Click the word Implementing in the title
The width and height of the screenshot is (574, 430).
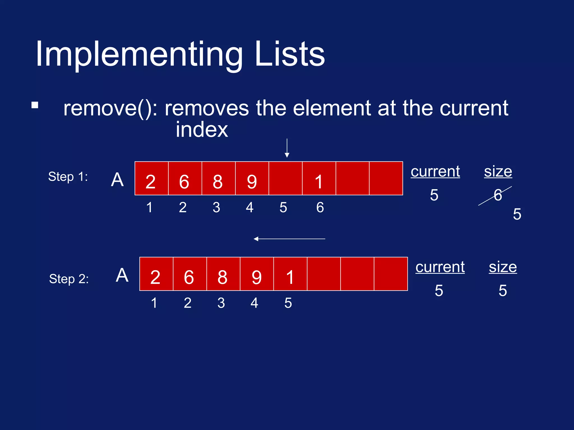click(139, 55)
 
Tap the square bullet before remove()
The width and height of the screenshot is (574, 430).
click(35, 105)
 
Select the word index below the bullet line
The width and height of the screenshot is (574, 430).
click(202, 130)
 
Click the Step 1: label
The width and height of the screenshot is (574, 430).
click(68, 177)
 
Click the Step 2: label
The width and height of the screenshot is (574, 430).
click(69, 279)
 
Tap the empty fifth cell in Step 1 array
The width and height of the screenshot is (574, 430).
click(285, 178)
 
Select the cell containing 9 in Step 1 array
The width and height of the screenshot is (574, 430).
click(252, 179)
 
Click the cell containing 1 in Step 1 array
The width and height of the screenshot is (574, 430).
click(319, 179)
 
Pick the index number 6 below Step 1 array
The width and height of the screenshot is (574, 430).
click(320, 207)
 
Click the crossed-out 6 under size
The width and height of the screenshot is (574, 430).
click(497, 195)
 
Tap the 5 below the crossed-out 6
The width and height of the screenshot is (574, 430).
click(517, 214)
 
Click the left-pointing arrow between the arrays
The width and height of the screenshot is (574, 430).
click(289, 239)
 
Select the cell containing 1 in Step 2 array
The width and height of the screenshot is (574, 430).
click(290, 274)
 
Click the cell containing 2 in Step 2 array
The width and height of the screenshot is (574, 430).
click(156, 274)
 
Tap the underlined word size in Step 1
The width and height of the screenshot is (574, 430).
click(498, 171)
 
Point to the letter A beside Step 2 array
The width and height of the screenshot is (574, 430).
click(122, 275)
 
